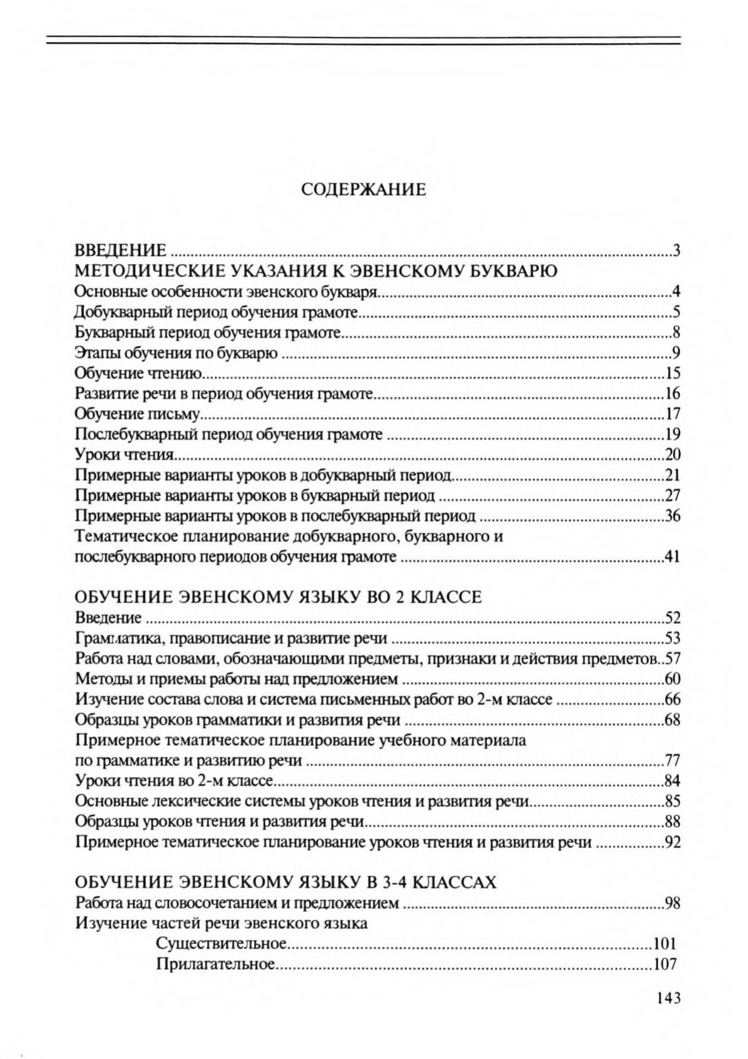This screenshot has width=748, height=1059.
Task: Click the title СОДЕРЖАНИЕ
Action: (363, 189)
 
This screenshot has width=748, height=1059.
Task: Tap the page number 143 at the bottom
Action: (668, 998)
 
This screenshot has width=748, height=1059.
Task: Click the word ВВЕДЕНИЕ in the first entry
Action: (121, 251)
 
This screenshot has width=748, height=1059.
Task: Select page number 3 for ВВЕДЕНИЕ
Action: (677, 251)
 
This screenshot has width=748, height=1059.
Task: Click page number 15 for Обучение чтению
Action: (673, 374)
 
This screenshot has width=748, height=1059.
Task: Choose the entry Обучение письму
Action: (137, 414)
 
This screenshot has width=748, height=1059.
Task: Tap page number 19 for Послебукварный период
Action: (673, 434)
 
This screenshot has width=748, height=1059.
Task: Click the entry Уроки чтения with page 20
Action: (124, 454)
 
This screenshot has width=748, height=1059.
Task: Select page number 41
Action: (673, 557)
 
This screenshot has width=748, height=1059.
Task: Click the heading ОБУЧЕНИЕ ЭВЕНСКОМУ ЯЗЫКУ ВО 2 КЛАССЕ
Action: (278, 597)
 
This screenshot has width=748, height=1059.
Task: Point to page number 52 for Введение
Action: (673, 618)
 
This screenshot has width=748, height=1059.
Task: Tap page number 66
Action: (673, 699)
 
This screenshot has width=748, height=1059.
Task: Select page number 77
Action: (673, 761)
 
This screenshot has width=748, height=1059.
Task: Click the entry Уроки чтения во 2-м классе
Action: (173, 781)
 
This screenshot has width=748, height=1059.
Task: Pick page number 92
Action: (673, 842)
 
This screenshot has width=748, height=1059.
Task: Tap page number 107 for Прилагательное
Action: (664, 963)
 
